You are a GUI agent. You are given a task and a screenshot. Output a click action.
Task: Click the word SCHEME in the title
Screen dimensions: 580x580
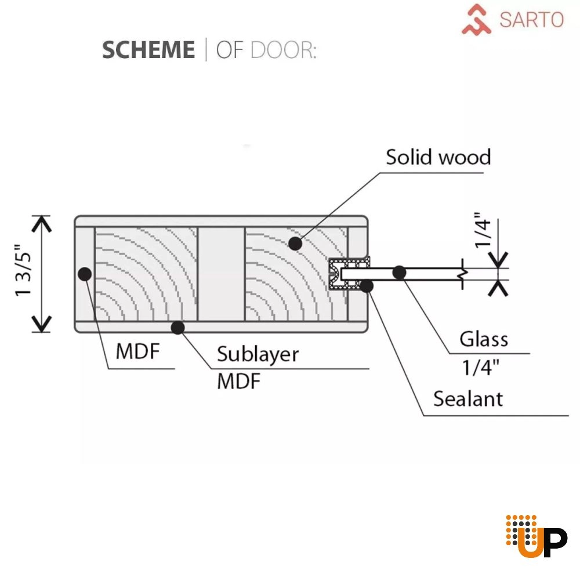(x=148, y=49)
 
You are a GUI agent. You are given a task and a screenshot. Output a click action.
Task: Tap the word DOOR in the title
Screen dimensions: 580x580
(x=284, y=50)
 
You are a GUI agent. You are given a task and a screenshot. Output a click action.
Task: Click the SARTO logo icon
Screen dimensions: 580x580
(x=476, y=20)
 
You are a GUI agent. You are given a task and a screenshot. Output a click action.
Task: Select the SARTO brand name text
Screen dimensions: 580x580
(x=531, y=20)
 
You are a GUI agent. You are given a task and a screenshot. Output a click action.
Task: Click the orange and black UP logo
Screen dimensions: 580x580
(x=536, y=535)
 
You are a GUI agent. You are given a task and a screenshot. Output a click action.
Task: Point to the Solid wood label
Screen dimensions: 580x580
(x=438, y=157)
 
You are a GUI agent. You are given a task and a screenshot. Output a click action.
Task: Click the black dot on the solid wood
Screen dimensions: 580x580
(x=295, y=244)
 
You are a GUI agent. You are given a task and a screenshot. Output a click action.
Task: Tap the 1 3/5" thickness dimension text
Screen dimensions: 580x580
(x=23, y=270)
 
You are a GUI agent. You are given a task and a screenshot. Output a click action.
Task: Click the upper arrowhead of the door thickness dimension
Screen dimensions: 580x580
(x=41, y=224)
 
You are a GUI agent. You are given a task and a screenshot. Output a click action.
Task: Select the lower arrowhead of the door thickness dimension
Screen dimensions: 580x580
(x=41, y=324)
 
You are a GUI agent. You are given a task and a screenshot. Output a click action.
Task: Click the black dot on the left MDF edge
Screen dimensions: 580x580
(x=85, y=274)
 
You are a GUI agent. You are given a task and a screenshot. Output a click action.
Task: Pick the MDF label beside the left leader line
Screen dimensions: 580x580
(x=137, y=351)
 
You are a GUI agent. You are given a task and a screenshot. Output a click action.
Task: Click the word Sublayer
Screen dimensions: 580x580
(x=258, y=354)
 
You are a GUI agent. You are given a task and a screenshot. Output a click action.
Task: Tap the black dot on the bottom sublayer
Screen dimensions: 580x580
(x=178, y=327)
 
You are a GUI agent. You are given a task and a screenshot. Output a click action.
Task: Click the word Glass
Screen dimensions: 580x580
(x=484, y=339)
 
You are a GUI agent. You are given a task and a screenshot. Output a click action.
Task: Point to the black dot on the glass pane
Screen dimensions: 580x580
(x=399, y=273)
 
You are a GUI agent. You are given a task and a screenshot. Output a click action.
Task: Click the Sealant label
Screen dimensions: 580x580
(x=468, y=399)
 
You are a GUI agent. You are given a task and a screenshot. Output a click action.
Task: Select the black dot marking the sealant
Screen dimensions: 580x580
(x=366, y=285)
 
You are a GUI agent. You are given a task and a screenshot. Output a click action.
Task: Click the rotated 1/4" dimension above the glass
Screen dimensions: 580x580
(x=483, y=230)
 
